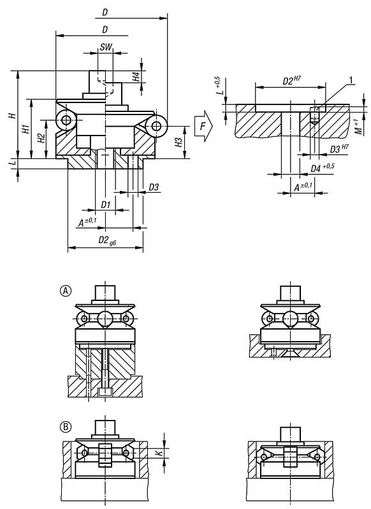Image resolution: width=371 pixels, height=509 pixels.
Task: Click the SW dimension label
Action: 106,48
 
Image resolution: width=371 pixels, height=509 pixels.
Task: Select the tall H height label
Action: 11,116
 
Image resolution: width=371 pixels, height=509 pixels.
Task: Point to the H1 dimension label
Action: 25,127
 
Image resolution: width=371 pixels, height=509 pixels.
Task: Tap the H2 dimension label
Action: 40,137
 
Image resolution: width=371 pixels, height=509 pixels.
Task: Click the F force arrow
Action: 203,126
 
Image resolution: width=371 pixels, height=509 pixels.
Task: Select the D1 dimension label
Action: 106,205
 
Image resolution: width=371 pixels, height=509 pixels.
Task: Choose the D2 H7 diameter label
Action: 292,81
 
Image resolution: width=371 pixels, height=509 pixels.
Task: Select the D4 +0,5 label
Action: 323,167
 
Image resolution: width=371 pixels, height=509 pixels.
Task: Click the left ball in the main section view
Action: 65,120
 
